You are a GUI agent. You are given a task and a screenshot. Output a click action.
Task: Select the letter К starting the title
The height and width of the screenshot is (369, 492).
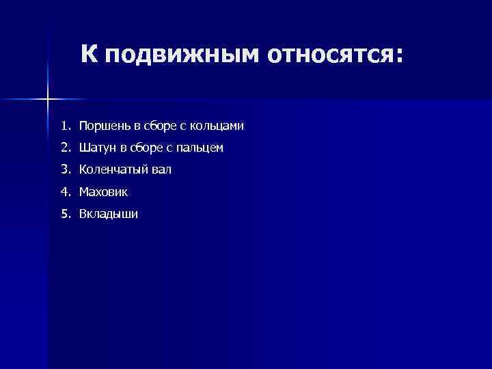tap(90, 52)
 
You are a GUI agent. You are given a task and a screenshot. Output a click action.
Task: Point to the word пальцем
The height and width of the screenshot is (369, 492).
tap(203, 148)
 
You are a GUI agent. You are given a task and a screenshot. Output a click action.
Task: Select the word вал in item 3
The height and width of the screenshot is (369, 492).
tap(162, 169)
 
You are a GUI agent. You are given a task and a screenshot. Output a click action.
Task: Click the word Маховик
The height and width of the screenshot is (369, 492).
tap(103, 192)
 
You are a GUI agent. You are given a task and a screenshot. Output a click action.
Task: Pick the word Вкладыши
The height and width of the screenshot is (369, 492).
tap(108, 214)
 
